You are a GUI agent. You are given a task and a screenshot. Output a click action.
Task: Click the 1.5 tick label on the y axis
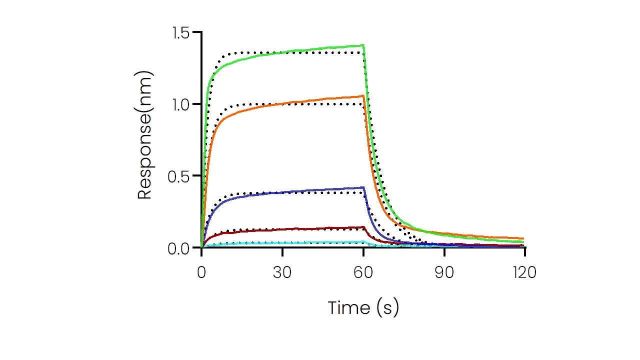[183, 33]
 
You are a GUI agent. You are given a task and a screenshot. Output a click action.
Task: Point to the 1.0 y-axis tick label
[183, 104]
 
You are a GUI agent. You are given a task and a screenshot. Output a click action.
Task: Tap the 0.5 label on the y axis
[183, 176]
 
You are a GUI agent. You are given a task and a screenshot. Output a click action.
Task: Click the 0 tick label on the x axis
[201, 272]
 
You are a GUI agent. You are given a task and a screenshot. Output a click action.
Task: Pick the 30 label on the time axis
[282, 272]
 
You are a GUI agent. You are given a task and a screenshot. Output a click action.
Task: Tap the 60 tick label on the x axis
[363, 272]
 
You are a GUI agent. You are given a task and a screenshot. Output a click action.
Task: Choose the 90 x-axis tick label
[444, 272]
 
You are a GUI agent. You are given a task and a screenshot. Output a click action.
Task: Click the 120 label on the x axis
[524, 272]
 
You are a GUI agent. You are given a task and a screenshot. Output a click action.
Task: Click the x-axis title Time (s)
[363, 307]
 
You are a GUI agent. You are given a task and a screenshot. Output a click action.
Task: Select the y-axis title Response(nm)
[144, 135]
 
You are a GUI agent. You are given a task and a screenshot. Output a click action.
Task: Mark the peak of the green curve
[363, 45]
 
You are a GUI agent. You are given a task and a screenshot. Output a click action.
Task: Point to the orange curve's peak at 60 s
[363, 95]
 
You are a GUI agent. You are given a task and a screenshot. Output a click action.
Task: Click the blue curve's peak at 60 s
[363, 187]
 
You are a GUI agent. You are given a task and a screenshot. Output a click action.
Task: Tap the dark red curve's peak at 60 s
[363, 227]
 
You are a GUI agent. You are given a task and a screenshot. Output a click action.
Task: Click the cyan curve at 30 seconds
[282, 243]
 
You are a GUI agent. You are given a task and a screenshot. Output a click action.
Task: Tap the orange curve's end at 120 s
[523, 238]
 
